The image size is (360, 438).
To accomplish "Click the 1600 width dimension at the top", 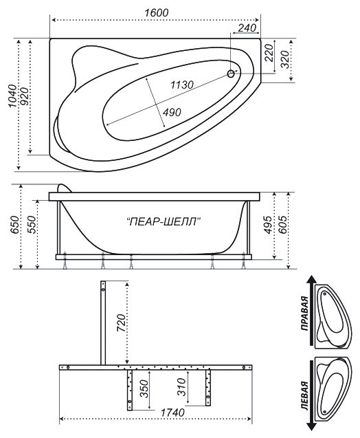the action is tap(157, 12).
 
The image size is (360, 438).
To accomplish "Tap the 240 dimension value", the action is tap(247, 28).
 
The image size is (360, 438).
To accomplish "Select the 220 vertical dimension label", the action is tap(269, 52).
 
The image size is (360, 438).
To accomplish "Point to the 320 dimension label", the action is tap(284, 59).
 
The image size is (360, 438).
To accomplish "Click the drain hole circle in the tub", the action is tap(231, 74).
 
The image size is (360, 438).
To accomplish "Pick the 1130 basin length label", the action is tap(182, 85).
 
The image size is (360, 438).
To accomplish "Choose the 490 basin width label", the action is tap(172, 112).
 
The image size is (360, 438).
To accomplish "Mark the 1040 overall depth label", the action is tap(12, 96).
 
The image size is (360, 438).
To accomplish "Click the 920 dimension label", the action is tap(24, 96).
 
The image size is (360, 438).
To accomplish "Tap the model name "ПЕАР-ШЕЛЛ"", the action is tap(164, 222).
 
